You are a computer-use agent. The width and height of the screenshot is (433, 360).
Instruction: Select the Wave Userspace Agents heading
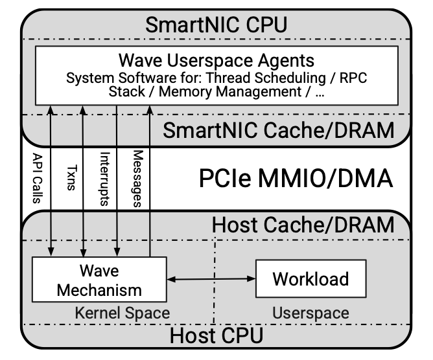[216, 61]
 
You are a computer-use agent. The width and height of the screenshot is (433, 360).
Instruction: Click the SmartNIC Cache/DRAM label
[278, 129]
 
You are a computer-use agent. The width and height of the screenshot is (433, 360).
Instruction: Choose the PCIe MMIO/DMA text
[294, 177]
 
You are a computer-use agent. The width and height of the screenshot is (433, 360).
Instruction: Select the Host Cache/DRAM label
[303, 225]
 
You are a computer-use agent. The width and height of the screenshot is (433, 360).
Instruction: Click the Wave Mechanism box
[99, 279]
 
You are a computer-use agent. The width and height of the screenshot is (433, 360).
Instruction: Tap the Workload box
[310, 279]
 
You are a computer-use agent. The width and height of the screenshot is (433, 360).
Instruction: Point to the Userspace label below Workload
[310, 313]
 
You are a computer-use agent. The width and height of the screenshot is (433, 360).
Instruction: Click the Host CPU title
[216, 335]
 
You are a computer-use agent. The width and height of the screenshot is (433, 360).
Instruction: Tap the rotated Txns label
[70, 178]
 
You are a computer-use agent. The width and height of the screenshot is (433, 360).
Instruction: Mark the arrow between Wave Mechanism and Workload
[211, 279]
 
